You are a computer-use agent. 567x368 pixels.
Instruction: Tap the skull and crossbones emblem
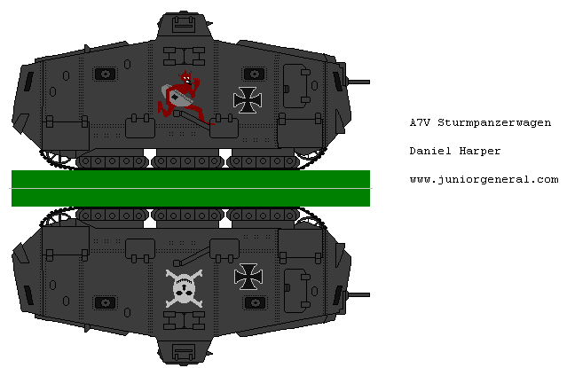click(x=184, y=289)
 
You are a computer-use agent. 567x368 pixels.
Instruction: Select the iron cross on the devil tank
click(x=248, y=99)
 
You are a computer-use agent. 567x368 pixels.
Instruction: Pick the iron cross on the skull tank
click(x=248, y=277)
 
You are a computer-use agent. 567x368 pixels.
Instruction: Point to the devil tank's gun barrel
click(x=358, y=82)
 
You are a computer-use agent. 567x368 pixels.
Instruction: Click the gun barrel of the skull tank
click(x=358, y=293)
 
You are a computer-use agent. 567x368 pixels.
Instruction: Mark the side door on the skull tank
click(x=295, y=291)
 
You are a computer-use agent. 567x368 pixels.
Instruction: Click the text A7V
click(x=421, y=122)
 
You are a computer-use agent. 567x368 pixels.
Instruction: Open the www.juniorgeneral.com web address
click(x=484, y=179)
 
